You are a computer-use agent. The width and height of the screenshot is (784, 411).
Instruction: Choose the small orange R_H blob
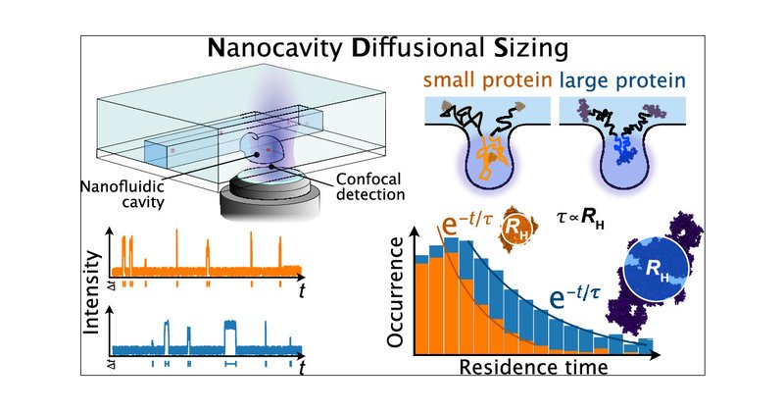515,230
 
